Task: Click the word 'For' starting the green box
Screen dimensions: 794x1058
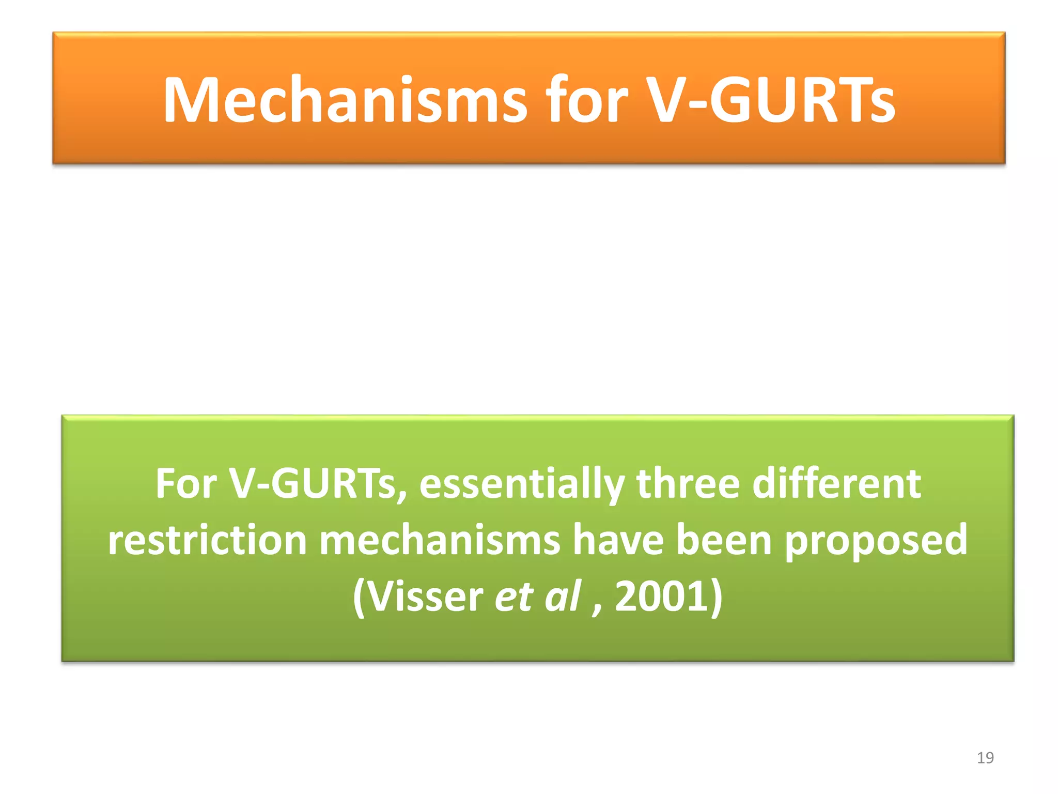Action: pos(186,483)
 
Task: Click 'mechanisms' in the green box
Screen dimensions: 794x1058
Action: pos(440,540)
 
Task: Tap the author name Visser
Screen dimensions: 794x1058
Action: pos(426,597)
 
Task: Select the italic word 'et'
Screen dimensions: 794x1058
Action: pos(514,598)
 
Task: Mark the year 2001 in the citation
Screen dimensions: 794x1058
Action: pos(662,597)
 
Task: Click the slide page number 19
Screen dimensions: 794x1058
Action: pos(985,758)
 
